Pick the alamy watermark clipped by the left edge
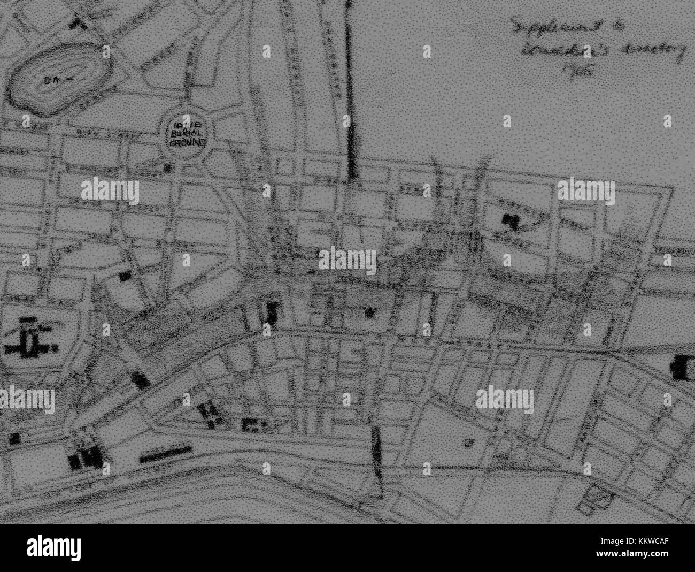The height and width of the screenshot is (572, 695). (27, 399)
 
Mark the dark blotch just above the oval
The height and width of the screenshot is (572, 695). (80, 22)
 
